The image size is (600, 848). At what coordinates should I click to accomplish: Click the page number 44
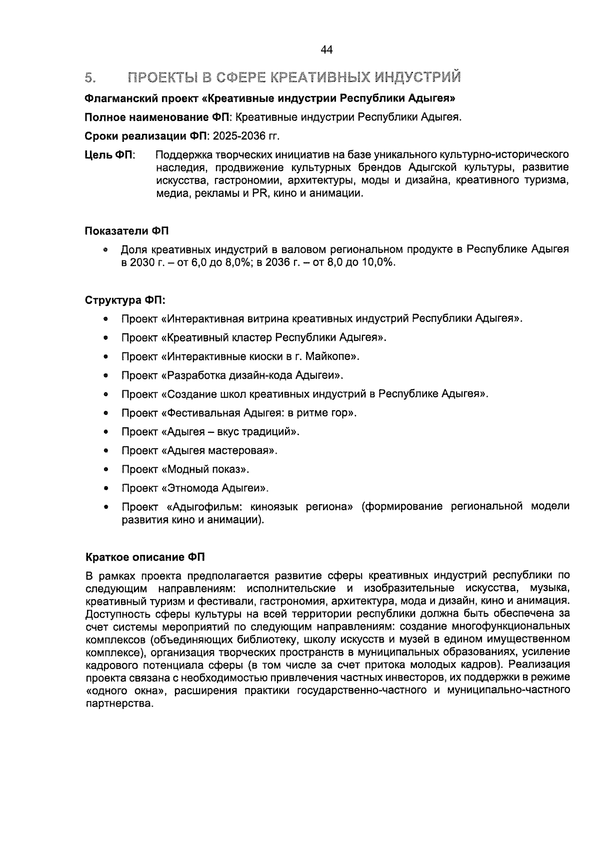click(x=326, y=50)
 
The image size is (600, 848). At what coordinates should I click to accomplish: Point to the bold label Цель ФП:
click(x=110, y=155)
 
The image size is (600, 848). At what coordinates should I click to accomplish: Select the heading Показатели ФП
click(x=126, y=231)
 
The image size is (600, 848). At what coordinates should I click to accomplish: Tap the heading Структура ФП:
click(x=125, y=300)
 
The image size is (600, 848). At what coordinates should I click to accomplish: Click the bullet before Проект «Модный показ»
click(x=106, y=470)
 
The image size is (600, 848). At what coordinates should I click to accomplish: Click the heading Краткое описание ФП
click(x=145, y=557)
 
